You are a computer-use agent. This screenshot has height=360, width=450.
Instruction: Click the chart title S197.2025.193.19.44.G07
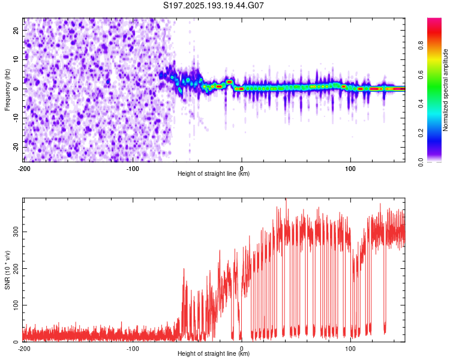(213, 5)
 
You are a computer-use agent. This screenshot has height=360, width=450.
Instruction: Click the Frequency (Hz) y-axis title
(7, 89)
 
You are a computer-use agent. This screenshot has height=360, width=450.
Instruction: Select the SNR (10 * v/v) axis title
(7, 270)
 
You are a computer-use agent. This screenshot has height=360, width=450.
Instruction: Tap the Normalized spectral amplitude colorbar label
(445, 90)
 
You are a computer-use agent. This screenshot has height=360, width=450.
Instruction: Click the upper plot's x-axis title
(214, 173)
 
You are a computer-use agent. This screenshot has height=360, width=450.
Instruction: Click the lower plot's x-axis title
(214, 353)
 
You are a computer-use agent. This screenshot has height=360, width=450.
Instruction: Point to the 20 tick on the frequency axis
(16, 31)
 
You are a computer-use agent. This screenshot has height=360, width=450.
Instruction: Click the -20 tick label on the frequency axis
(16, 147)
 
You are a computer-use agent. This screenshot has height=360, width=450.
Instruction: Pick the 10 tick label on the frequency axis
(16, 59)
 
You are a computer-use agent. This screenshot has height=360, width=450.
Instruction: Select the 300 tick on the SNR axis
(16, 232)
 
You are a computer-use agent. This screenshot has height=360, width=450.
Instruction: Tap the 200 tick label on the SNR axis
(16, 268)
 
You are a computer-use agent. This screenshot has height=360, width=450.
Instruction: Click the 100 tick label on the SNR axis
(16, 305)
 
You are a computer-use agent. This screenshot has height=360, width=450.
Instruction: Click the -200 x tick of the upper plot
(24, 169)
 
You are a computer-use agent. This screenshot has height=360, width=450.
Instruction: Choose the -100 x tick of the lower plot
(133, 349)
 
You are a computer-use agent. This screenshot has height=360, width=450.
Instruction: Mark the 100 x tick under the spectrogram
(350, 169)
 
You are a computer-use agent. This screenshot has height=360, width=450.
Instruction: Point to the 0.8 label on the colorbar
(421, 46)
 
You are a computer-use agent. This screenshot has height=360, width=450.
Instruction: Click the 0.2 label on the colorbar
(421, 133)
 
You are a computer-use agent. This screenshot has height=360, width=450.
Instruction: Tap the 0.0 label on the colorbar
(421, 162)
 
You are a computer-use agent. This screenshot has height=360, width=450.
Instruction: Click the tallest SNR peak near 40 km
(286, 199)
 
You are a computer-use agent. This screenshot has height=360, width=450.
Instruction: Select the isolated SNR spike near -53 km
(184, 270)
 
